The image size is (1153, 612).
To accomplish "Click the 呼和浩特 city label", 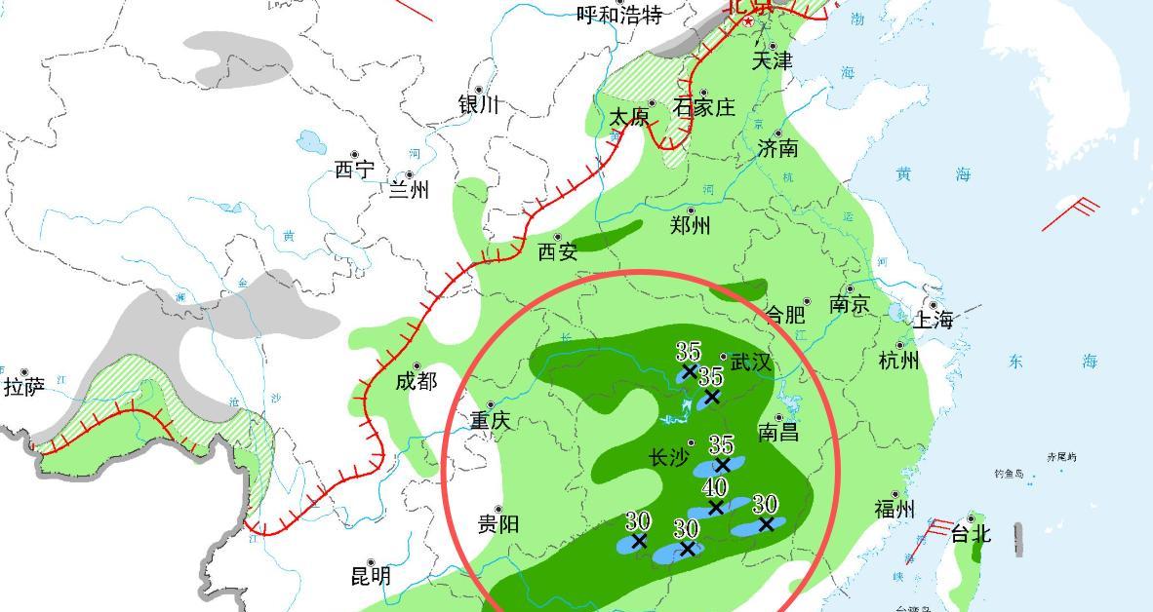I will pyautogui.click(x=619, y=15).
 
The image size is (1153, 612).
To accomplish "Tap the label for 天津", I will pyautogui.click(x=772, y=60).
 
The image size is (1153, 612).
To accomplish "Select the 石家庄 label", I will pyautogui.click(x=704, y=107).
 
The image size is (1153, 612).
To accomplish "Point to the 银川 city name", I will pyautogui.click(x=478, y=105).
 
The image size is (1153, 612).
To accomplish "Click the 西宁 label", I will pyautogui.click(x=354, y=170).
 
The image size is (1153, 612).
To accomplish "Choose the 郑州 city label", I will pyautogui.click(x=691, y=226).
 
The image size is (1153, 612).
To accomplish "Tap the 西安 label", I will pyautogui.click(x=558, y=251).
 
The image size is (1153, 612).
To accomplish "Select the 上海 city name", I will pyautogui.click(x=933, y=320).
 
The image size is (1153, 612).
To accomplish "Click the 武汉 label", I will pyautogui.click(x=751, y=363).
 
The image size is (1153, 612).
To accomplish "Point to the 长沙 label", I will pyautogui.click(x=669, y=457).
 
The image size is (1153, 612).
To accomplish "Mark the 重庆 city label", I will pyautogui.click(x=490, y=421).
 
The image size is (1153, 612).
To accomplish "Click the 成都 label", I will pyautogui.click(x=416, y=381).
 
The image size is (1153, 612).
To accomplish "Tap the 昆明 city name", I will pyautogui.click(x=371, y=576).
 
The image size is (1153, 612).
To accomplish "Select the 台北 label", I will pyautogui.click(x=971, y=534).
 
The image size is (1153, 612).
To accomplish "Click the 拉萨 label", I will pyautogui.click(x=24, y=387).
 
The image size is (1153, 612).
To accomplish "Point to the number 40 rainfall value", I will pyautogui.click(x=714, y=487).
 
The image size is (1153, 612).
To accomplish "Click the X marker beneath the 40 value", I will pyautogui.click(x=716, y=507).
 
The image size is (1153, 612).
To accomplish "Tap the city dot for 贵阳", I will pyautogui.click(x=498, y=510).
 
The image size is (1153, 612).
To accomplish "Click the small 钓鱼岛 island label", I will pyautogui.click(x=1010, y=475).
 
